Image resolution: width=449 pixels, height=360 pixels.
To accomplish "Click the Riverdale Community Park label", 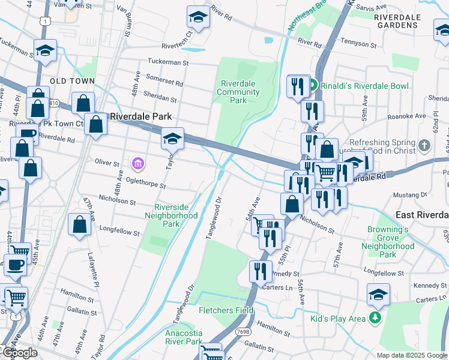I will click(x=238, y=92).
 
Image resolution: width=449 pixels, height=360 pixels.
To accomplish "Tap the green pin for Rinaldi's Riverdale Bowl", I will click(x=313, y=86).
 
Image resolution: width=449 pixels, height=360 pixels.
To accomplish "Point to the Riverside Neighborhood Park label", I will click(x=171, y=215).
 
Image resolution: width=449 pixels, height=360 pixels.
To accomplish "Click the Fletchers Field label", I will click(x=226, y=310).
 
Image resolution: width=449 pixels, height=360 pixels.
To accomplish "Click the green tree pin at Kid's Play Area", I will click(x=375, y=318).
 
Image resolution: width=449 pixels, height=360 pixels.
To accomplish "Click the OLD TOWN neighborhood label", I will click(x=72, y=81).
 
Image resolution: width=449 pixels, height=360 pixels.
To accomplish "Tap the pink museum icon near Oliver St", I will click(x=138, y=163).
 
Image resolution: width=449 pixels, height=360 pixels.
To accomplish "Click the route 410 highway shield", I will click(x=54, y=103).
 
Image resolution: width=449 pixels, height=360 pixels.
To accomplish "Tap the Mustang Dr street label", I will click(x=409, y=195).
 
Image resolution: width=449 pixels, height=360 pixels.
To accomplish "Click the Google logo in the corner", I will click(x=19, y=353).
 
